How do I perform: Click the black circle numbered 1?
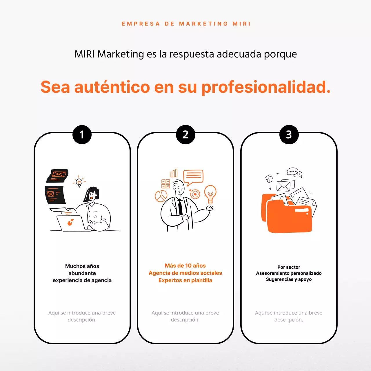82,134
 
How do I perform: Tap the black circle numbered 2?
185,134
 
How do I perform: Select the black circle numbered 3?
289,134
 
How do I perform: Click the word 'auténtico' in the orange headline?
112,87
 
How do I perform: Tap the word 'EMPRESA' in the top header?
141,24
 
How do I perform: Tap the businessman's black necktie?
180,207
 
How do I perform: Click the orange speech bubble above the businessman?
193,176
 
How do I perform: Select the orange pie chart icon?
161,196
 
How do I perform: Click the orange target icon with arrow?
195,194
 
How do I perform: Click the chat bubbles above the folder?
294,172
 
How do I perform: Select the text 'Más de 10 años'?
185,265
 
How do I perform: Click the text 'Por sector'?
289,267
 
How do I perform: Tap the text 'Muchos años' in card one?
82,266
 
